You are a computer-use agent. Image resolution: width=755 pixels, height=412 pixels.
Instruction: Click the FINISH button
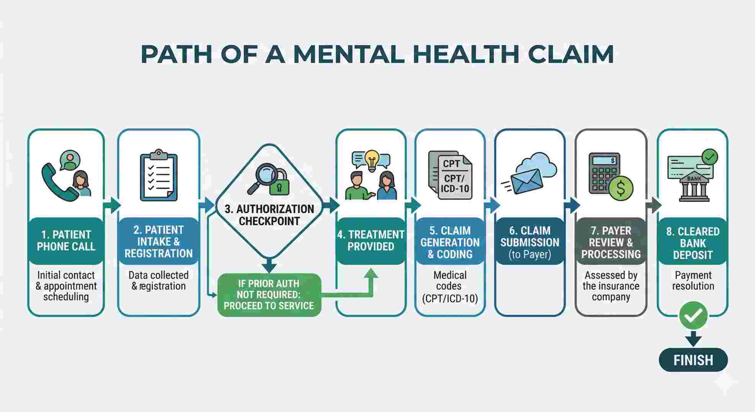[693, 360]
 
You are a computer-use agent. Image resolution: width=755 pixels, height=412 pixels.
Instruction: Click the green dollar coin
[621, 189]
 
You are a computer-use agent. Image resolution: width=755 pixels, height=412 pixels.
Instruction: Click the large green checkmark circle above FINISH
[693, 315]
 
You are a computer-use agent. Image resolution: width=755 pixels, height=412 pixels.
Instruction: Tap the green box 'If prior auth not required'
[269, 295]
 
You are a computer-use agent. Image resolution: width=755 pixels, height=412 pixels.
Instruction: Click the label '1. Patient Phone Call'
[66, 241]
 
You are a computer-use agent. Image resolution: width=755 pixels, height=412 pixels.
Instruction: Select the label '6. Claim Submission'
[530, 242]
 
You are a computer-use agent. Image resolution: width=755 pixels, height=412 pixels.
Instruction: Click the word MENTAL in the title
[348, 54]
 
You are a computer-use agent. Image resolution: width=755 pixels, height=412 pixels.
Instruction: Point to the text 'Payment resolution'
[693, 281]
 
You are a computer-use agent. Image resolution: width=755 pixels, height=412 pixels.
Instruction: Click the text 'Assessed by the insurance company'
[611, 286]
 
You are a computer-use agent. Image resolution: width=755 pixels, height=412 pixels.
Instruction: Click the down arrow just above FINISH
[693, 338]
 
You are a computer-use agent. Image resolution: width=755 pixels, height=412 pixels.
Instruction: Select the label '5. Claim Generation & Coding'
[450, 242]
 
